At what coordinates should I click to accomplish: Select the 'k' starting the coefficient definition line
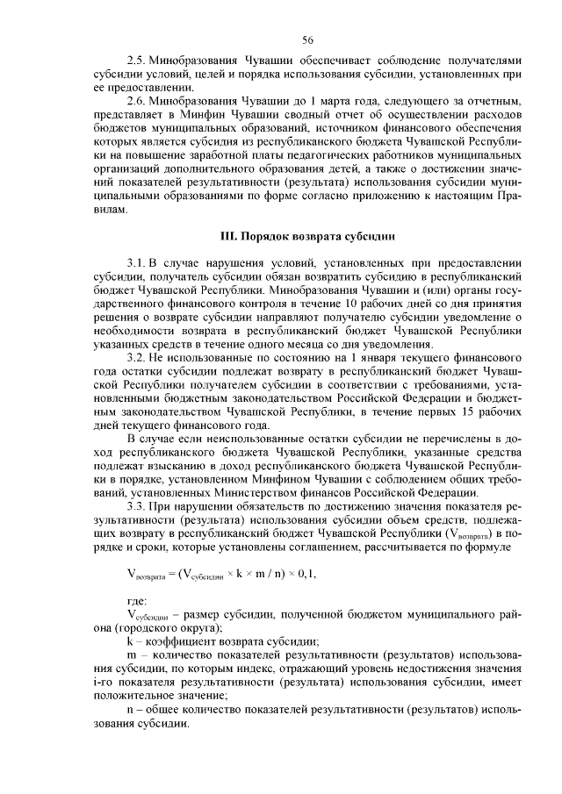click(x=129, y=640)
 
